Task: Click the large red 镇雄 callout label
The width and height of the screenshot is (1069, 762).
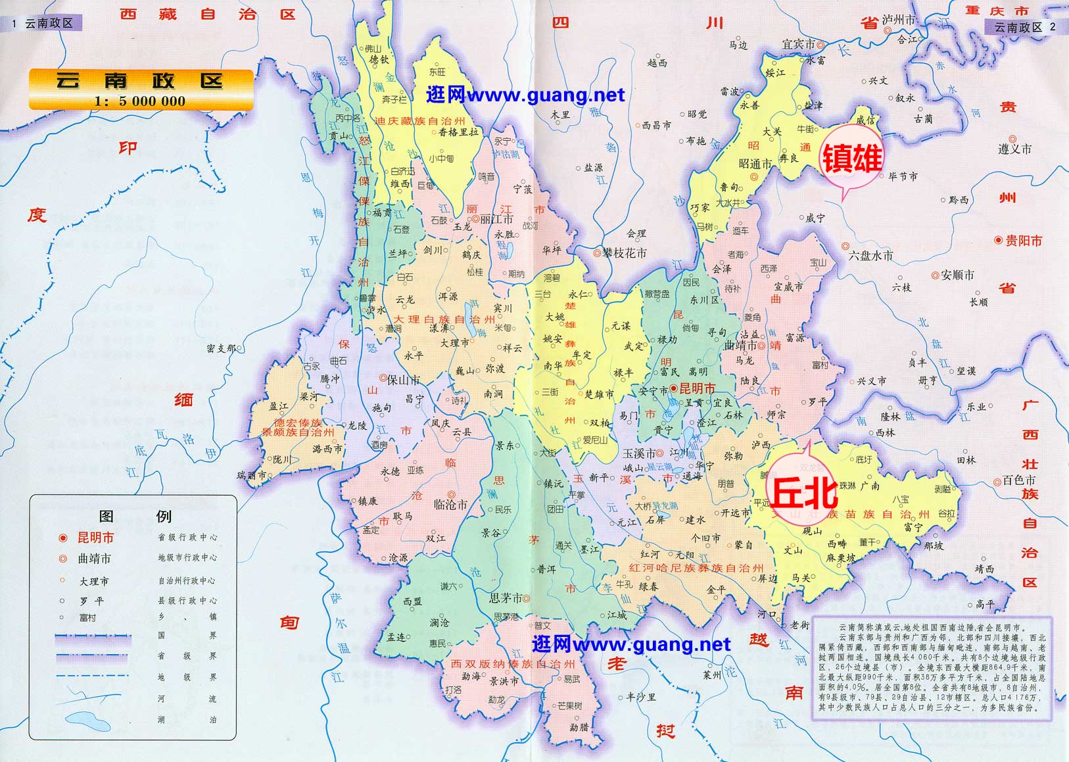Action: tap(851, 159)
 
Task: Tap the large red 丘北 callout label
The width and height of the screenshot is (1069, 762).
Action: tap(803, 493)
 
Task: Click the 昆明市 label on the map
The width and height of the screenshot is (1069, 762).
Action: tap(696, 388)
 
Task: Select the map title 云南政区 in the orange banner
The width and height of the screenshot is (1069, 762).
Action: tap(139, 82)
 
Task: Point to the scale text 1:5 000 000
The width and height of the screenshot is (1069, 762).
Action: tap(140, 101)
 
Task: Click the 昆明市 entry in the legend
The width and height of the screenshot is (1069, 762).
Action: tap(95, 538)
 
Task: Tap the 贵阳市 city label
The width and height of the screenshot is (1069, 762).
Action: tap(1023, 241)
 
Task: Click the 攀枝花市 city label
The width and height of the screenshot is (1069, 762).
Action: tap(624, 253)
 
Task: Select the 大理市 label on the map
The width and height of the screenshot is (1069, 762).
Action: tap(455, 343)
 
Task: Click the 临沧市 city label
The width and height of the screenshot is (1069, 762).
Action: tap(450, 505)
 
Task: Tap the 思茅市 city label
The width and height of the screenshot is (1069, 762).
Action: tap(506, 598)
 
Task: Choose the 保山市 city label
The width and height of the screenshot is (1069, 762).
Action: tap(403, 380)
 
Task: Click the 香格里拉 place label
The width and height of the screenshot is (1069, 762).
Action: tap(459, 132)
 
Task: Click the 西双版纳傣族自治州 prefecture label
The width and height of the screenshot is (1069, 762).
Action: tap(513, 664)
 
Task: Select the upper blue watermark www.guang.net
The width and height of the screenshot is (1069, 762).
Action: tap(525, 95)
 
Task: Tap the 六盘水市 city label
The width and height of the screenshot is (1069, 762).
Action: tap(870, 255)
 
